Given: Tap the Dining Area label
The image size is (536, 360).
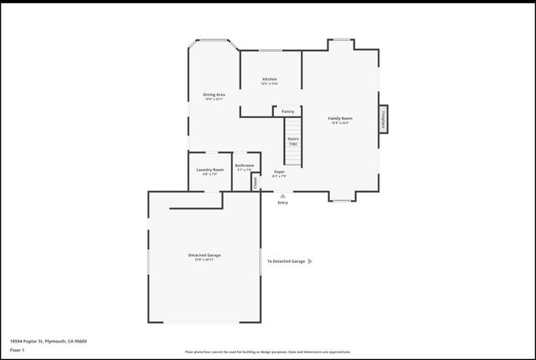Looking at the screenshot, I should point(214,96).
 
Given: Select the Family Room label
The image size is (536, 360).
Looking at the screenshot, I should point(340,120).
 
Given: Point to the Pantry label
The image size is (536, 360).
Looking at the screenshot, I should point(287,111).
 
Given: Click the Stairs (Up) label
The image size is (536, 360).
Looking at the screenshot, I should point(293,141).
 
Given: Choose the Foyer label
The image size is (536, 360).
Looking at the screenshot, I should point(279,173).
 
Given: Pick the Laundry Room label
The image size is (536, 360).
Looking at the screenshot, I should point(210,172).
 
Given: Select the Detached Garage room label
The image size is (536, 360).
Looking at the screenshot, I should point(204,256).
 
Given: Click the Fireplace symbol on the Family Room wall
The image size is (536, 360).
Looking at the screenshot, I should point(384,118).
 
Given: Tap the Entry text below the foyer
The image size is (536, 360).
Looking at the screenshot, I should point(282,203).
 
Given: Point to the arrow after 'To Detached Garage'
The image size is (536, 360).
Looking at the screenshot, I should point(311,261).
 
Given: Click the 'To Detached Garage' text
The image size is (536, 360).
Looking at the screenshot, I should point(286,261).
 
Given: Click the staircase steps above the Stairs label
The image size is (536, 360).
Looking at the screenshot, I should point(293,124).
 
